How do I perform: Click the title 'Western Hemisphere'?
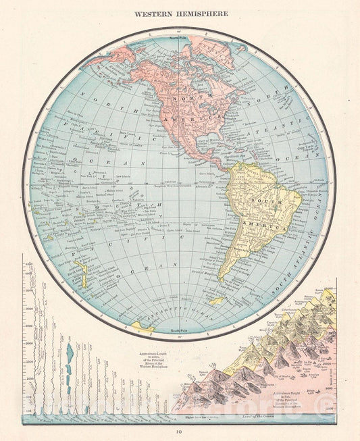[180, 13]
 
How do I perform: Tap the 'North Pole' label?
[179, 38]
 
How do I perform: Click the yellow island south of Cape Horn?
[218, 301]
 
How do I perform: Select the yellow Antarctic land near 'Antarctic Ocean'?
[143, 327]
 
